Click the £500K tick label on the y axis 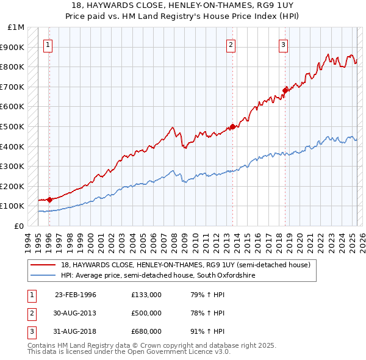point(12,126)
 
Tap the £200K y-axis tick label point(12,186)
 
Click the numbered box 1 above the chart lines point(48,44)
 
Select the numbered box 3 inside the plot point(284,44)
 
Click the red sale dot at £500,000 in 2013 point(232,127)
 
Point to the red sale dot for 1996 point(49,200)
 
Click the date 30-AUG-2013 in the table point(76,313)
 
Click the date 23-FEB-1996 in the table point(76,295)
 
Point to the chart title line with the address point(183,6)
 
